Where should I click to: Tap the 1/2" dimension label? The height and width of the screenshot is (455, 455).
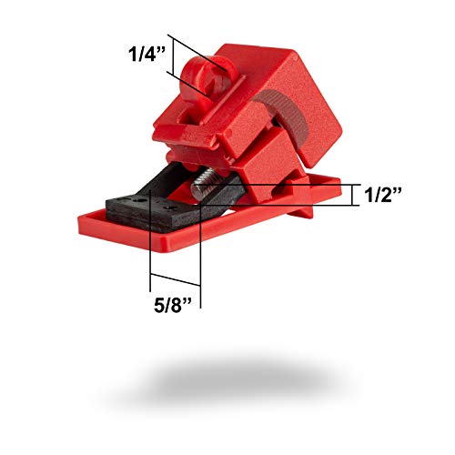tap(383, 194)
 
